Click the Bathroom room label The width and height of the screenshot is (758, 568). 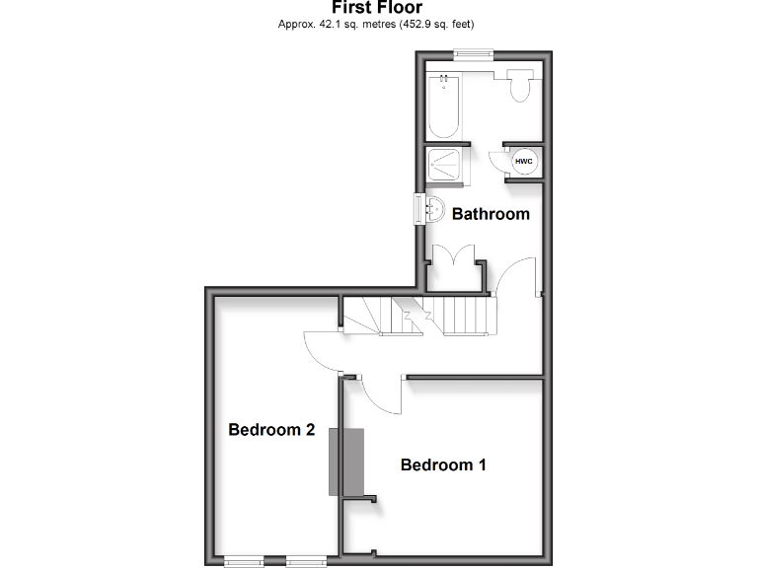coord(491,213)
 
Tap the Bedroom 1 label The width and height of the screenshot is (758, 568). coord(443,465)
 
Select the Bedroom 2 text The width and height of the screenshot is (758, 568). coord(271,430)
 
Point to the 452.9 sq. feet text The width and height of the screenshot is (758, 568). coord(442,25)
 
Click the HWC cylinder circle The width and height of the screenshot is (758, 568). coord(523,161)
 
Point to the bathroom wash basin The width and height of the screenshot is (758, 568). coord(431,209)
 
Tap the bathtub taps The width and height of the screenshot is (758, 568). coord(444,78)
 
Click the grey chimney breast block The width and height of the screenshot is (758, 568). coord(346,461)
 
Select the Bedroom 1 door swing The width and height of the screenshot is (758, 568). coord(380,394)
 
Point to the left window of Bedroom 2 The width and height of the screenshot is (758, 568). coord(243,562)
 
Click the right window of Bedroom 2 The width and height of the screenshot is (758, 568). coord(305,562)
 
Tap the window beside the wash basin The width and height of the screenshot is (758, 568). coord(417,209)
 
